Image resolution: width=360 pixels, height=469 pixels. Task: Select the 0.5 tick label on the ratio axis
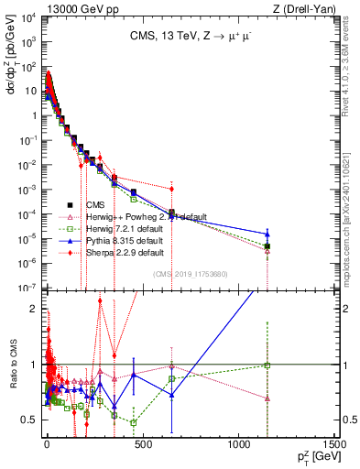27,420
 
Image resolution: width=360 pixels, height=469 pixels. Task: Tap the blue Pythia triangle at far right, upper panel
267,234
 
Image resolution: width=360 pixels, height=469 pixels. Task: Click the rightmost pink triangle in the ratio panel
267,398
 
